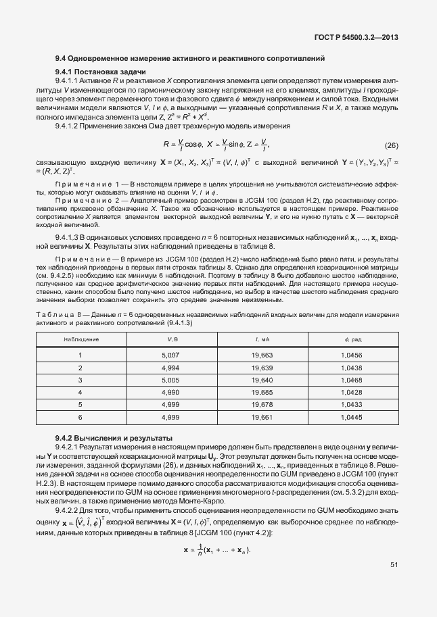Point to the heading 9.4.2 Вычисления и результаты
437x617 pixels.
pos(109,438)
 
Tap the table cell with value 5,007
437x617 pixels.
pos(170,355)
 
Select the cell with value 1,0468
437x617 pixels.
pos(353,380)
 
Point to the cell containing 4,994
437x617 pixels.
pos(170,368)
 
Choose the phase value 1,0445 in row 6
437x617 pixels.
pos(353,417)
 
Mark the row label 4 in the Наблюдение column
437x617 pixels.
pos(80,392)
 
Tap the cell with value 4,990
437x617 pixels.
pos(170,392)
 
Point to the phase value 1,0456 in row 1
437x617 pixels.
pos(353,355)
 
